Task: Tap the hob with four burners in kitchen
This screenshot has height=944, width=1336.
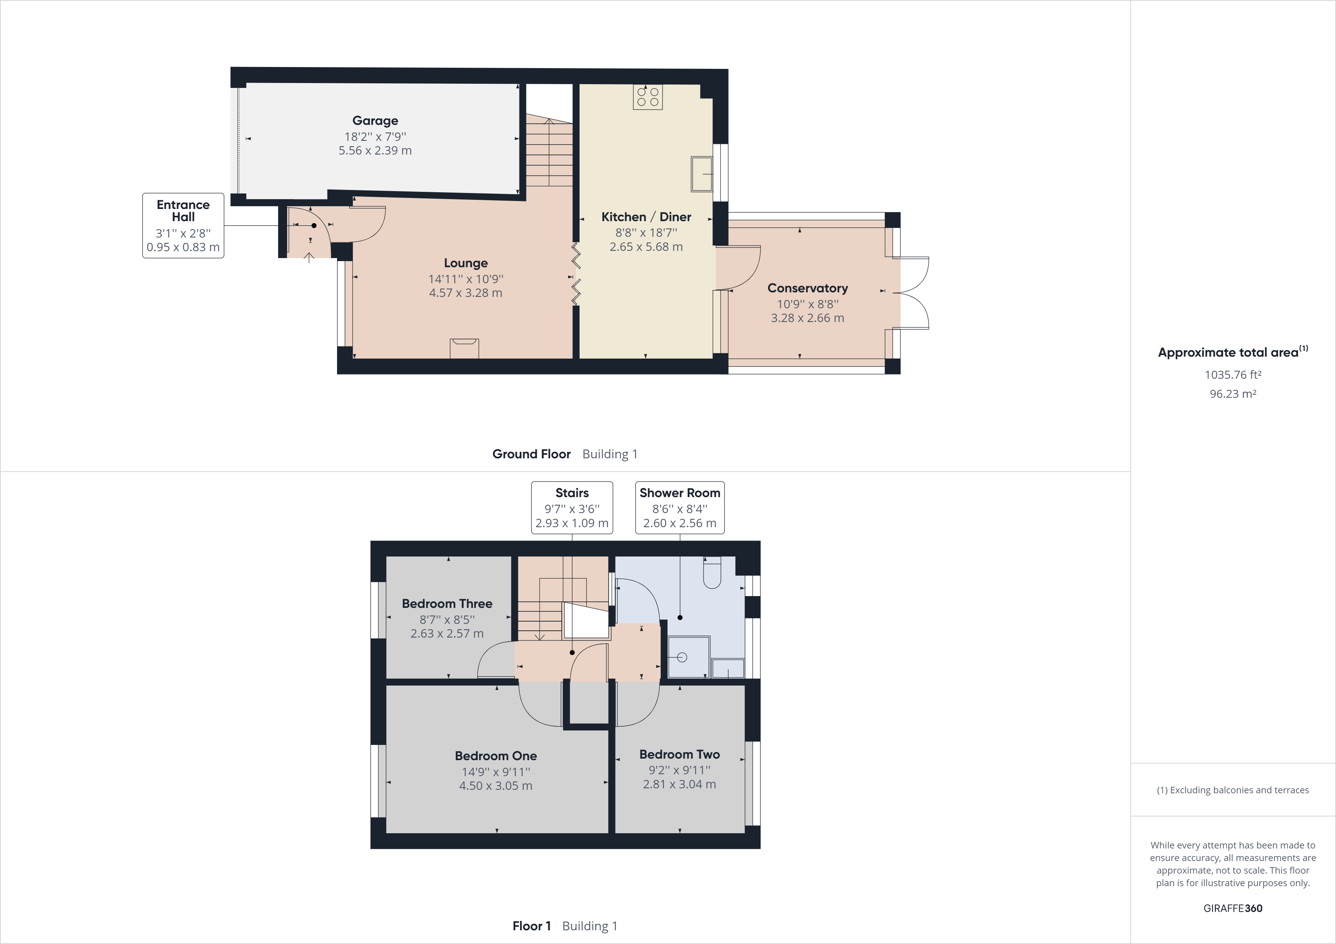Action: click(648, 97)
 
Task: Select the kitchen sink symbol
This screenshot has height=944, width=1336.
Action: click(701, 174)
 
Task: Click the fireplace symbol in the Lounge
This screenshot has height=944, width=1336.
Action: click(464, 348)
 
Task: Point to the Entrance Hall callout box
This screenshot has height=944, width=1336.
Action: click(183, 226)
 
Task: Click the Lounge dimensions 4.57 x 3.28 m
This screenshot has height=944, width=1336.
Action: click(465, 293)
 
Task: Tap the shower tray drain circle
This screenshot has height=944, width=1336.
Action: click(682, 657)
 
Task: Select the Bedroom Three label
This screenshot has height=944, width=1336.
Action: click(447, 604)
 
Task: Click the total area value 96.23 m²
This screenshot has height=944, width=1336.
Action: click(1232, 394)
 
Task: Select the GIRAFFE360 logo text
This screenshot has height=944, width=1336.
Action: click(1232, 908)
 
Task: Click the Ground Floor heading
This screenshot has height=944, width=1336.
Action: click(531, 454)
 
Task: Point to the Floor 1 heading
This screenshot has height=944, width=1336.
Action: click(531, 926)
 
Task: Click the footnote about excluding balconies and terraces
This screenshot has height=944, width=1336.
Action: click(1232, 790)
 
